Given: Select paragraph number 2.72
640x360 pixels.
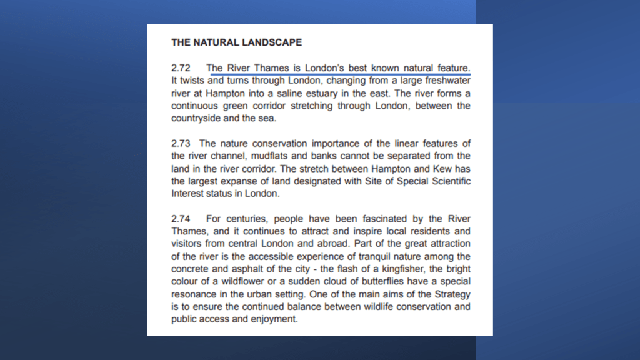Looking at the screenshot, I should [x=181, y=67].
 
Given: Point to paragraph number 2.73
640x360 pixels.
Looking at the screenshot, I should [x=181, y=144].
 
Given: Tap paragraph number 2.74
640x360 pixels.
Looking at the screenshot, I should [x=181, y=219].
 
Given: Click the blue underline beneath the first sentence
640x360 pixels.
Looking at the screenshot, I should [x=338, y=73].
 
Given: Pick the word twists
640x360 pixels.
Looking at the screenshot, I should [x=192, y=81].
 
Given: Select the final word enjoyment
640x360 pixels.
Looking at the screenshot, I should [x=272, y=319].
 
